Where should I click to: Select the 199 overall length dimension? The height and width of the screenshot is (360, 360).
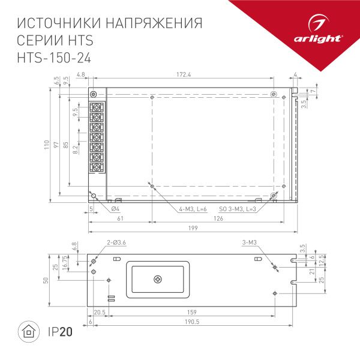(192, 229)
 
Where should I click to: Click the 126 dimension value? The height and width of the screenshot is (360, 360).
(217, 219)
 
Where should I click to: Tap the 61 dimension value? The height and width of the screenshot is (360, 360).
(120, 219)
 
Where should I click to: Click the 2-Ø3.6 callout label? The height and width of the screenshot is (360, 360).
(116, 242)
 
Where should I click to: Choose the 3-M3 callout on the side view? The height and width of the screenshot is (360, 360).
(250, 242)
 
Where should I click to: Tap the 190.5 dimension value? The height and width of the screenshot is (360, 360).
(192, 322)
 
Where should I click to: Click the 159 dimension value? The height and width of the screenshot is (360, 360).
(191, 312)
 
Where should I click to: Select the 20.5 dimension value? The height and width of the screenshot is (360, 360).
(100, 312)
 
